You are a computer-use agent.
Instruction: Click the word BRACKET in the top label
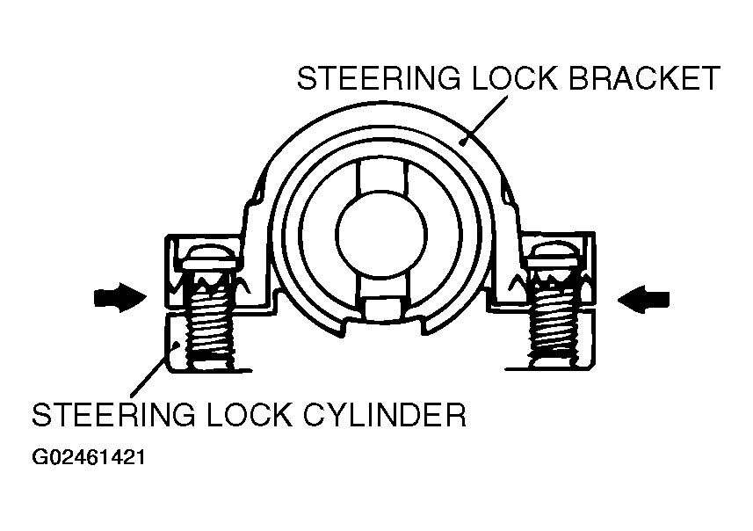click(x=644, y=78)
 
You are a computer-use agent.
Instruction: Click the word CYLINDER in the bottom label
click(x=384, y=415)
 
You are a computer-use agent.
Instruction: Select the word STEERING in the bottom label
click(x=114, y=415)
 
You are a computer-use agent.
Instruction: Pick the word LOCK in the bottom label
click(x=250, y=415)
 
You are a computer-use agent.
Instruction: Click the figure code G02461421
click(x=89, y=457)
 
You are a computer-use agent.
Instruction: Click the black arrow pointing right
click(x=120, y=297)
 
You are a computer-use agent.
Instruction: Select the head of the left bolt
click(x=209, y=259)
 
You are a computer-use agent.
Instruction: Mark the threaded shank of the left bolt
click(x=211, y=321)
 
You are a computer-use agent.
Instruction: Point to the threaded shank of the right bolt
click(x=552, y=321)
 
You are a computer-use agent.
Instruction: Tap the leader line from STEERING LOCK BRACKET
click(x=483, y=120)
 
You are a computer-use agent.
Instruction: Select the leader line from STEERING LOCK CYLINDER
click(x=154, y=368)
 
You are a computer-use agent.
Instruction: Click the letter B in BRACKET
click(x=580, y=78)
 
